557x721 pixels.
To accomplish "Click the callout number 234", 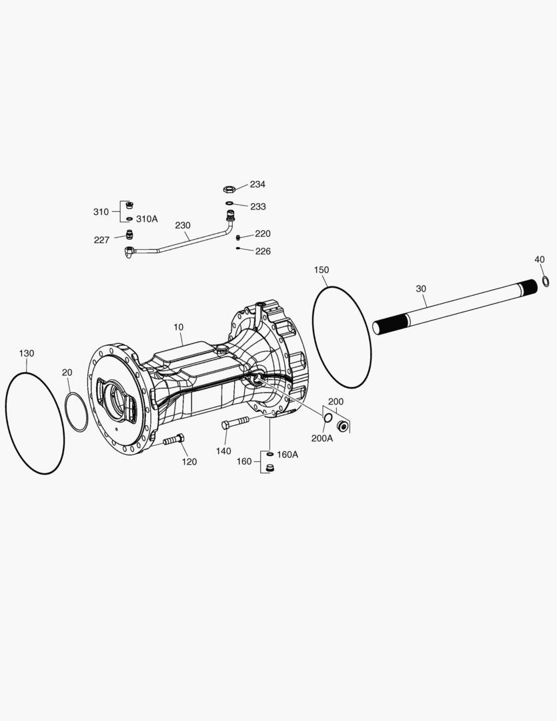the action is [257, 184].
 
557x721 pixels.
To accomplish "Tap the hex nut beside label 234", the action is [229, 189].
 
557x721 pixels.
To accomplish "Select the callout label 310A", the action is [147, 219].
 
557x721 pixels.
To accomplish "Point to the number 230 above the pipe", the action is [183, 226].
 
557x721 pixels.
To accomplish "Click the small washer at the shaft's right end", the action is [546, 281].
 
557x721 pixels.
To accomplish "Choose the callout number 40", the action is [540, 260].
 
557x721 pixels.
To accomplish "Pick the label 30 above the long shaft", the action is [421, 289].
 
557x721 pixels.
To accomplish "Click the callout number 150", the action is [322, 270].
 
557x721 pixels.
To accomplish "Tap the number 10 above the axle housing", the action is [178, 327].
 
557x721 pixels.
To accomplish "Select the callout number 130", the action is [27, 353].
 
